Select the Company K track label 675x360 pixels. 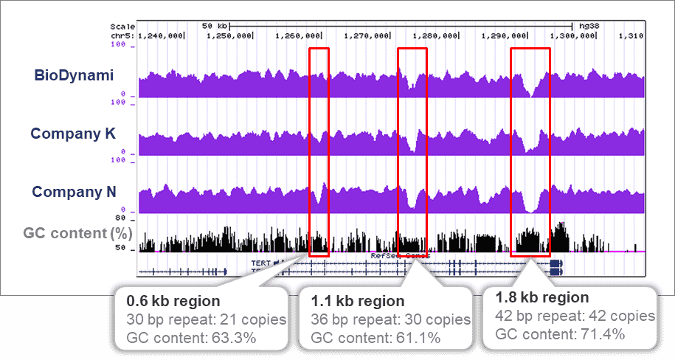click(72, 134)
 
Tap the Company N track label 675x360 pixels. click(73, 192)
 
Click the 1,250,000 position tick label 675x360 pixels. click(229, 35)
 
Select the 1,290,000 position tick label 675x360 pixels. click(504, 35)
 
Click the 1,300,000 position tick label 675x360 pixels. click(572, 35)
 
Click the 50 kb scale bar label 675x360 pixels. click(212, 25)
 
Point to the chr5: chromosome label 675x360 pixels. click(121, 35)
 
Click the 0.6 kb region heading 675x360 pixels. click(173, 302)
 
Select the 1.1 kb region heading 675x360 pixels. click(357, 301)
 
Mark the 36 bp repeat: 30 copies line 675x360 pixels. click(390, 319)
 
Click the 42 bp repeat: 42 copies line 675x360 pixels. click(575, 316)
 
